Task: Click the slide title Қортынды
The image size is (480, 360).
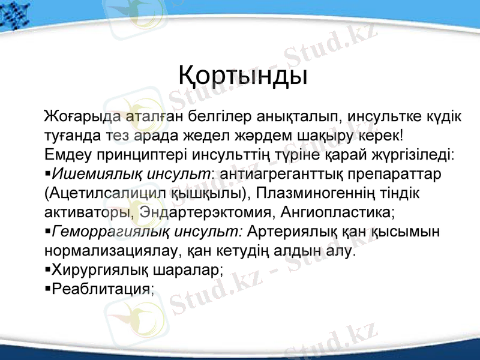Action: [x=243, y=77]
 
